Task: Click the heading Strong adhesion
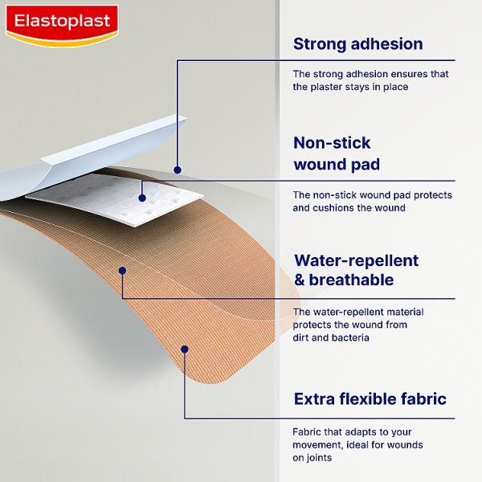pos(357,43)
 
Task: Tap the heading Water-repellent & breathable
pos(356,270)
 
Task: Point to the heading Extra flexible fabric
pos(370,399)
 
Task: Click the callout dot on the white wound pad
pos(142,196)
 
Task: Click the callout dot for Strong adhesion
pos(178,170)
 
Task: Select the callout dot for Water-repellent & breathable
pos(122,271)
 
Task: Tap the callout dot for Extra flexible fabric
pos(185,349)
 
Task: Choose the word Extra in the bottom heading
pos(314,399)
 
